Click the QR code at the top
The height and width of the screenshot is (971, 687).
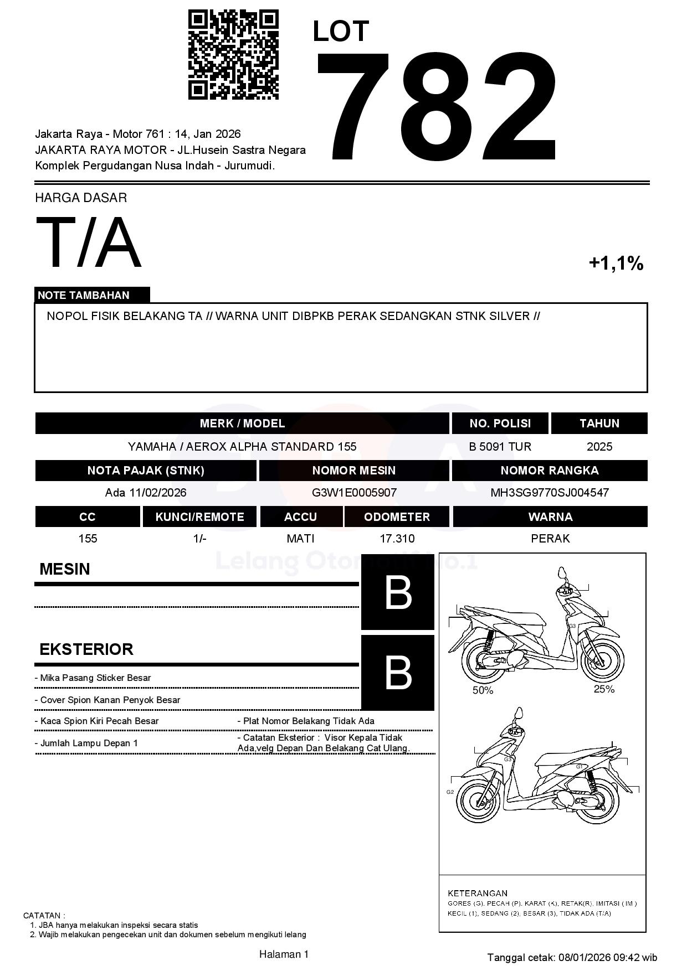pyautogui.click(x=233, y=54)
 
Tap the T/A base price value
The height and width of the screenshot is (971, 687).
pyautogui.click(x=89, y=242)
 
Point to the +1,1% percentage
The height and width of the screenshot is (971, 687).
pyautogui.click(x=616, y=263)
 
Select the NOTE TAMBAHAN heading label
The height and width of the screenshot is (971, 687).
pyautogui.click(x=84, y=295)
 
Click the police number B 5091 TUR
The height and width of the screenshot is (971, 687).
pyautogui.click(x=500, y=447)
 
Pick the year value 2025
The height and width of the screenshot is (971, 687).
pyautogui.click(x=599, y=447)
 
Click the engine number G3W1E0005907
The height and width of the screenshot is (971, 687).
pyautogui.click(x=354, y=493)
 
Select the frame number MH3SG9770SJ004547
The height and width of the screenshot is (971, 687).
pyautogui.click(x=550, y=493)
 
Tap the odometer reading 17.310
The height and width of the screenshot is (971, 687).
pyautogui.click(x=397, y=539)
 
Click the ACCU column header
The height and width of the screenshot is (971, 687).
pyautogui.click(x=300, y=517)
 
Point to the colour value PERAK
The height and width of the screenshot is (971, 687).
pyautogui.click(x=550, y=539)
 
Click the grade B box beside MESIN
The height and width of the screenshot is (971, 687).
pyautogui.click(x=397, y=592)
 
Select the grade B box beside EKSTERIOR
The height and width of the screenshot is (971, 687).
pyautogui.click(x=397, y=673)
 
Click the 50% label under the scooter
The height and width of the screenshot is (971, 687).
pyautogui.click(x=483, y=690)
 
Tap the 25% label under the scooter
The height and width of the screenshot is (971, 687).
pyautogui.click(x=604, y=689)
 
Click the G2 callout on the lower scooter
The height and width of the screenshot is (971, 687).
pyautogui.click(x=450, y=792)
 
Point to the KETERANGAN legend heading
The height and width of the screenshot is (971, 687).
pyautogui.click(x=478, y=893)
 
